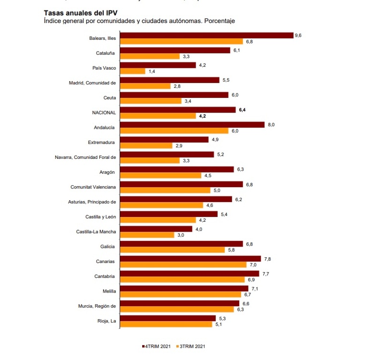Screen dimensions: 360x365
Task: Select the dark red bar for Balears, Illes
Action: point(206,35)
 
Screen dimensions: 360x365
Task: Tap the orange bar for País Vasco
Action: point(132,71)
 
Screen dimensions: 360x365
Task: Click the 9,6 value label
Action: point(297,35)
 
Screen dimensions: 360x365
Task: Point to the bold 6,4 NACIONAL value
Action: point(242,110)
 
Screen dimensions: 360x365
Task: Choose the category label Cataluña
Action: point(106,53)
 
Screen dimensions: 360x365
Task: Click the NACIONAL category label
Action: point(104,112)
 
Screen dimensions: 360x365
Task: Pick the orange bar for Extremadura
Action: point(146,146)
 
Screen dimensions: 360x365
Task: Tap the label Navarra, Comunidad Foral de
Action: point(85,157)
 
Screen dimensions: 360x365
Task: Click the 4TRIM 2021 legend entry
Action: point(157,346)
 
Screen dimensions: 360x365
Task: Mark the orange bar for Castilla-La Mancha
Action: point(147,235)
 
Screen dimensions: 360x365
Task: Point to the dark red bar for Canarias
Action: point(190,259)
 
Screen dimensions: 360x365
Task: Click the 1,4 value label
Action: point(152,71)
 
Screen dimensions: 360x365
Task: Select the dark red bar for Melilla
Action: point(184,288)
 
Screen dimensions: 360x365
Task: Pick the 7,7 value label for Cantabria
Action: point(265,273)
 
